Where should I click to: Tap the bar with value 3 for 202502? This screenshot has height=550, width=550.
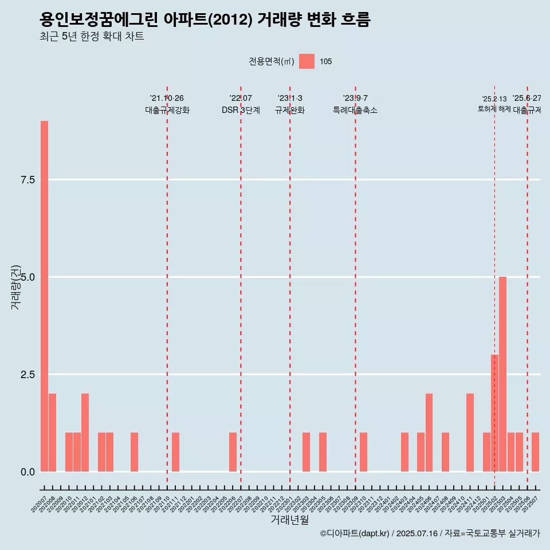point(494,413)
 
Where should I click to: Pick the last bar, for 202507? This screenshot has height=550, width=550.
point(535,452)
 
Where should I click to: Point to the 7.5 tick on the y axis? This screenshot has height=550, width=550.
point(28,180)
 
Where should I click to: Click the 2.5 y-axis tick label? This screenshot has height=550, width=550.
point(28,375)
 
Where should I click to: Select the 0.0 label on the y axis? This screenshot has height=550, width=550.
point(28,472)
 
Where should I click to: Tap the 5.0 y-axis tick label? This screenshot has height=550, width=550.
point(28,277)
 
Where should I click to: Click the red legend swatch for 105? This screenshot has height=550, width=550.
point(307,61)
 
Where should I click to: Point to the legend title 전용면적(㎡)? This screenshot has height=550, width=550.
point(272,62)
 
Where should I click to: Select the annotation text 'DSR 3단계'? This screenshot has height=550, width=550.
point(241,110)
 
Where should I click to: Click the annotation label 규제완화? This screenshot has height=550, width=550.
point(290,110)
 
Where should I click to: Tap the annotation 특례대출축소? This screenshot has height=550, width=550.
point(355,110)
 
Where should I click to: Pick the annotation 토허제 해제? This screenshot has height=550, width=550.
point(494,109)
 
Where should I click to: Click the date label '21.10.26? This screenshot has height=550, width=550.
point(167,99)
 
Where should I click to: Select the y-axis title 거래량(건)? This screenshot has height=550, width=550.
point(16,287)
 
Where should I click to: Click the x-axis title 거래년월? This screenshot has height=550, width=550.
point(289,520)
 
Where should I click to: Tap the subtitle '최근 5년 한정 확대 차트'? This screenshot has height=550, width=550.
point(92,37)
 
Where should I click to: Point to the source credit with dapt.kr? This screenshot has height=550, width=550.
point(430,533)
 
